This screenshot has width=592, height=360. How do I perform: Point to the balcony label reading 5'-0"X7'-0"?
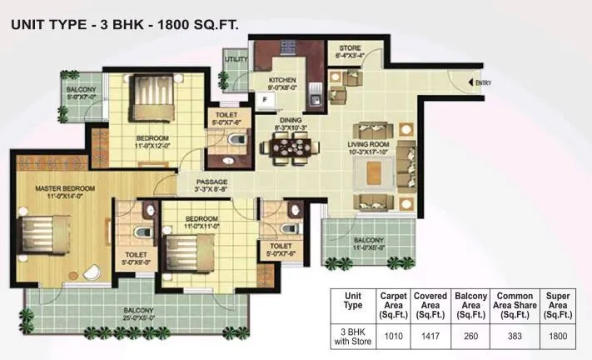click(82, 92)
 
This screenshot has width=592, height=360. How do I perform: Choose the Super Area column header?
click(558, 305)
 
